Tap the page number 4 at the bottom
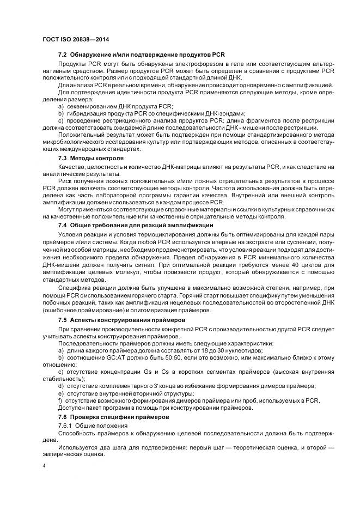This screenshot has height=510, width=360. click(x=44, y=466)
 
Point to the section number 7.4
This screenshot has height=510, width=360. click(x=62, y=225)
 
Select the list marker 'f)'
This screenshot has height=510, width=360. click(x=60, y=400)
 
